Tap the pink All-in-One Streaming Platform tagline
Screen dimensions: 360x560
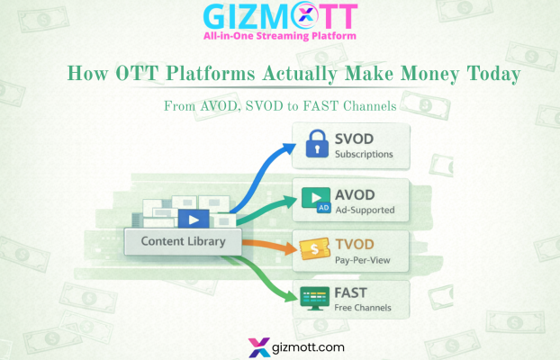point(279,36)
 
